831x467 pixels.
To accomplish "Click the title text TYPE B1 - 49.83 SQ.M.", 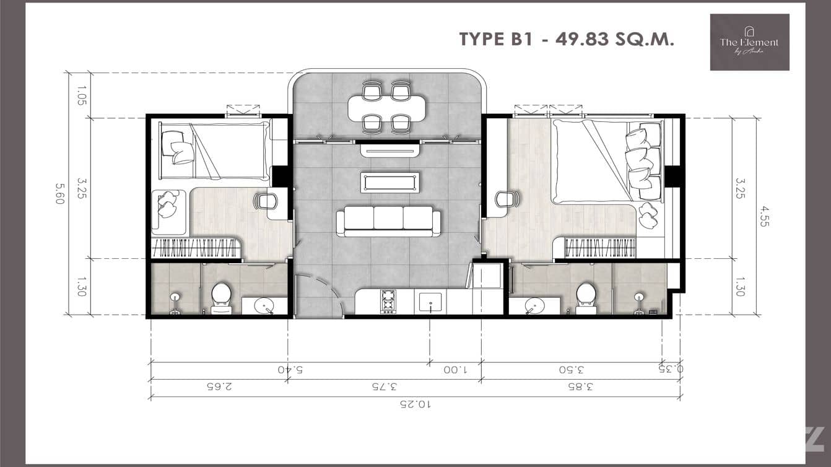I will (566, 39).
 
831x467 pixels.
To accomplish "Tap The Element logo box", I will (749, 42).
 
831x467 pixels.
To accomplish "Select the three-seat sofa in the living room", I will (388, 222).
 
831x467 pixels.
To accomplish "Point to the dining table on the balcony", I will (387, 108).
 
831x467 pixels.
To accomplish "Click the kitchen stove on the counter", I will (388, 302).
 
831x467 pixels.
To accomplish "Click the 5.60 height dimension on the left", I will (60, 194).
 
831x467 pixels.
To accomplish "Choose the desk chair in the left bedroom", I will (266, 200).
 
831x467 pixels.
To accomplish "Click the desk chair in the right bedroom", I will (506, 199).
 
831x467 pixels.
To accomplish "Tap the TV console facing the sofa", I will (389, 149).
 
